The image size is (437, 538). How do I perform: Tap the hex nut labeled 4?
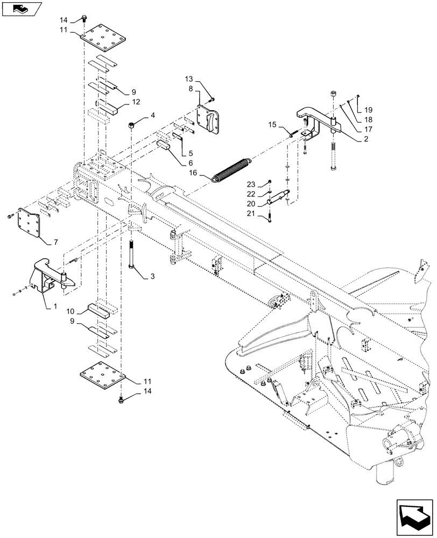click(x=132, y=125)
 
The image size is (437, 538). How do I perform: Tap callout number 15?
click(x=272, y=125)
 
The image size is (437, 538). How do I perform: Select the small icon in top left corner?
click(x=20, y=8)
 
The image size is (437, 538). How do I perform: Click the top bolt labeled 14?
click(x=84, y=20)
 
